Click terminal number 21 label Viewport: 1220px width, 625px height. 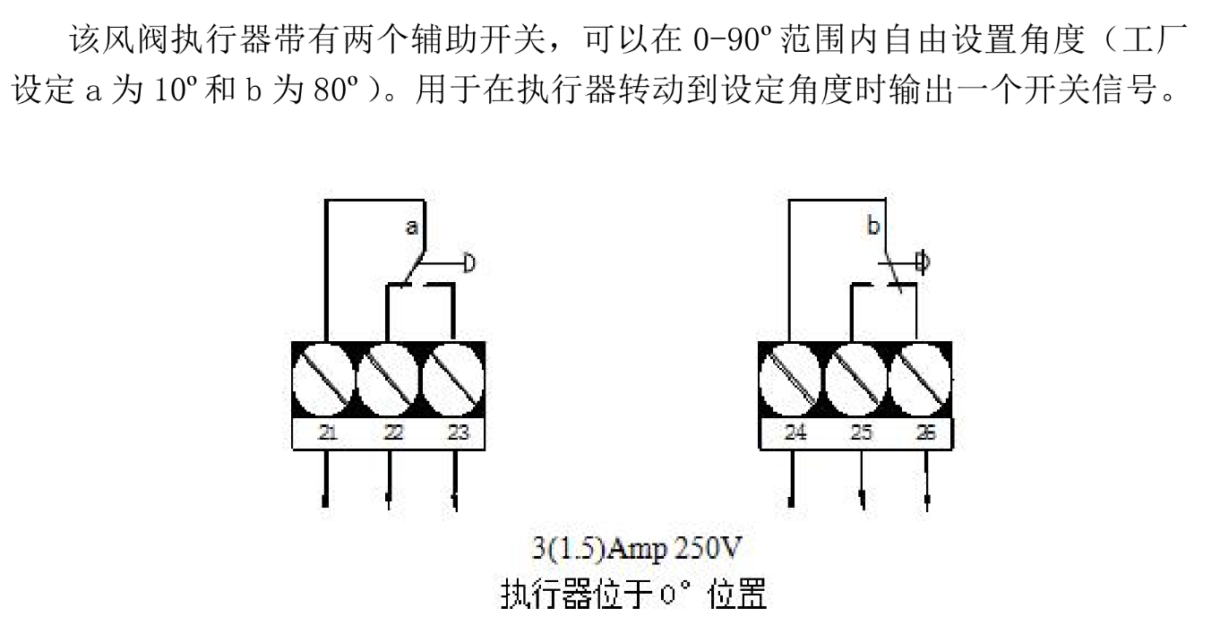pyautogui.click(x=328, y=433)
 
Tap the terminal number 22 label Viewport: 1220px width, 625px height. pyautogui.click(x=392, y=433)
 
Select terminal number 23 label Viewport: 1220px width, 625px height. pyautogui.click(x=457, y=433)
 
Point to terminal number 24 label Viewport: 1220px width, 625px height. pyautogui.click(x=795, y=433)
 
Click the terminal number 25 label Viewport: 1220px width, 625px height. pyautogui.click(x=861, y=433)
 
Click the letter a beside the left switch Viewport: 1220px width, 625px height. pyautogui.click(x=411, y=227)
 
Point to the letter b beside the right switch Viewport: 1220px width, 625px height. pyautogui.click(x=873, y=227)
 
